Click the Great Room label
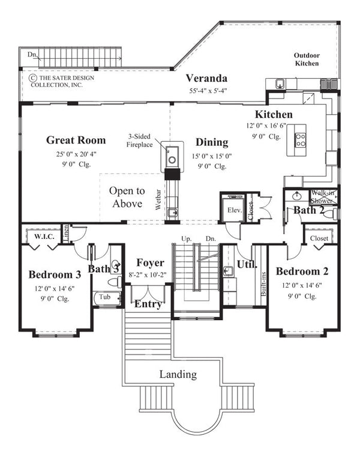pos(76,141)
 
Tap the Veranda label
pos(206,78)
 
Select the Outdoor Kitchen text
pos(306,59)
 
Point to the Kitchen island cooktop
pos(299,140)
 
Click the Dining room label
pos(211,142)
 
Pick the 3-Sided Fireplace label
pos(139,140)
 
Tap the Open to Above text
pos(126,197)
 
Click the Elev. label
pos(233,210)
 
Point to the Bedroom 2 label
pos(301,271)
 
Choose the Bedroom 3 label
pos(55,274)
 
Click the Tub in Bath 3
pos(105,297)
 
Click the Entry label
pos(148,304)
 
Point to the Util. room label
pos(246,264)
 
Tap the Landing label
pos(178,374)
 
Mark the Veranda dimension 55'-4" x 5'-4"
pos(206,91)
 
